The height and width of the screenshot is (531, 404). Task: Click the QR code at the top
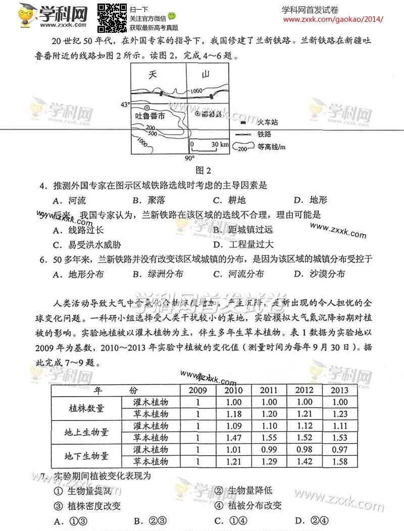point(111,18)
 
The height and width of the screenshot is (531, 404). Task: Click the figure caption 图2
point(203,170)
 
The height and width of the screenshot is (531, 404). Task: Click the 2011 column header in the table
point(269,391)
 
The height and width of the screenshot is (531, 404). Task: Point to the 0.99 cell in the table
point(269,449)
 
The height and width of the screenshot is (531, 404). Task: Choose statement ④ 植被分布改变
point(248,505)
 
